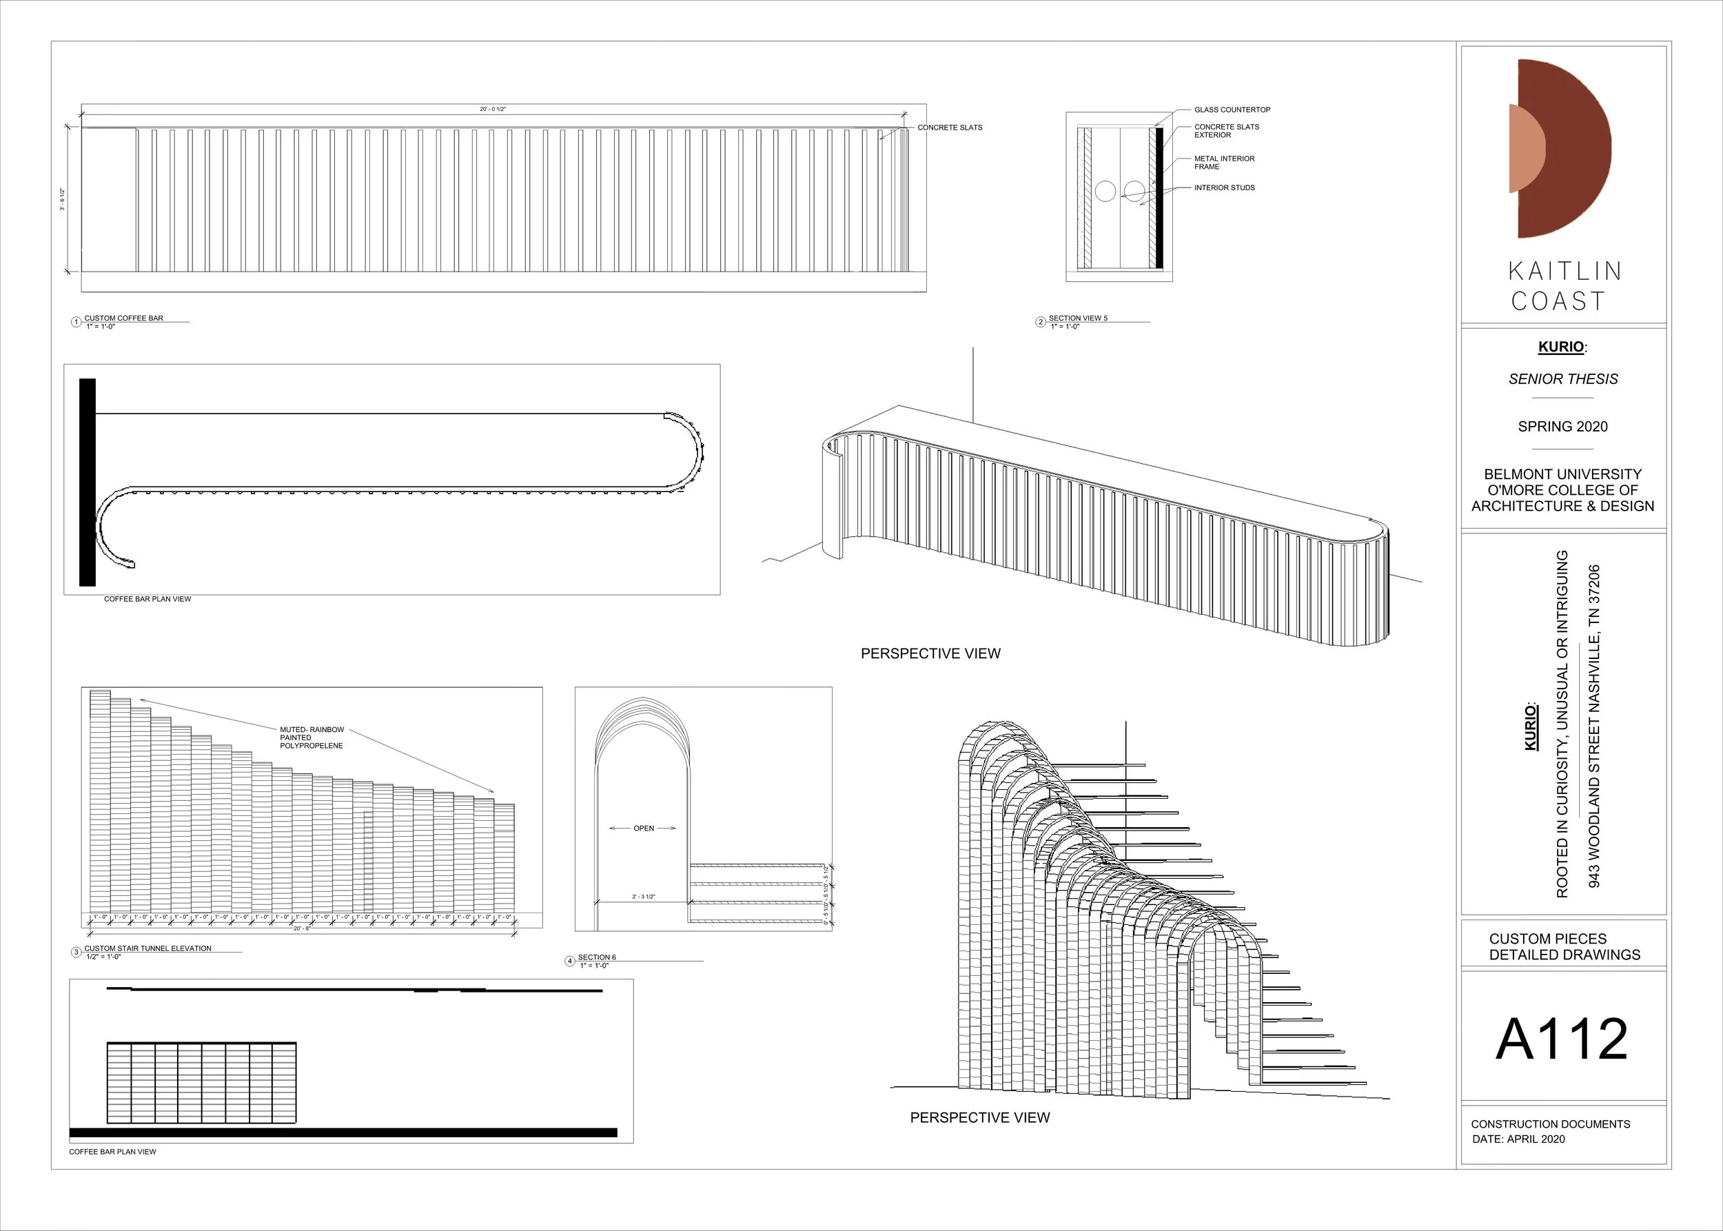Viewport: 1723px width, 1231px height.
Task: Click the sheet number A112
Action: click(1562, 1039)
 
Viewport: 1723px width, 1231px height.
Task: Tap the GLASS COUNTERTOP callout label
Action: click(1232, 110)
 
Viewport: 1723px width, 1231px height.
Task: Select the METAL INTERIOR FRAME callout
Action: click(1223, 162)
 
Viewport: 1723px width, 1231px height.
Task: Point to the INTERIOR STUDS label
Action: click(1224, 188)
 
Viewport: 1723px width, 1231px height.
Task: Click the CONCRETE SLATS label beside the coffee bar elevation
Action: click(949, 128)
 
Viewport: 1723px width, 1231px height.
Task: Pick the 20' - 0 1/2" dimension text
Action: click(493, 109)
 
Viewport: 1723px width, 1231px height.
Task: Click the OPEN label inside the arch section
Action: click(644, 828)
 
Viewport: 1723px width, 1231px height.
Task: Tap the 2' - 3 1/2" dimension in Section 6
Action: click(644, 897)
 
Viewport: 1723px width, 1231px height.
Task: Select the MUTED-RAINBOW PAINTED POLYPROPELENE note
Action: click(312, 737)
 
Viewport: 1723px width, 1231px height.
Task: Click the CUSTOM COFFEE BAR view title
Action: click(123, 318)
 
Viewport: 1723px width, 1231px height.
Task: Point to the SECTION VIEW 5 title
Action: click(1077, 318)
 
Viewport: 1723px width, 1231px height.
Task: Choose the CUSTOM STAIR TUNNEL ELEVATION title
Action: click(147, 948)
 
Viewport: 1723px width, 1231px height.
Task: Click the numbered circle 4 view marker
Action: click(570, 961)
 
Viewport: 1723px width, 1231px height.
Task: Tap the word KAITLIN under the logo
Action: click(1564, 272)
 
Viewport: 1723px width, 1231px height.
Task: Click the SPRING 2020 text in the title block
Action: click(1562, 427)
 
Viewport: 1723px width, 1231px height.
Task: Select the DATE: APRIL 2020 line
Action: click(1518, 1139)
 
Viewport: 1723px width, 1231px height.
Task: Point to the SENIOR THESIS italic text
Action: click(1562, 379)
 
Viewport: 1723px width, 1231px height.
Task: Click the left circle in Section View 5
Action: click(1105, 191)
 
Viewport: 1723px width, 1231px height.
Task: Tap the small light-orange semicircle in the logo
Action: click(1525, 147)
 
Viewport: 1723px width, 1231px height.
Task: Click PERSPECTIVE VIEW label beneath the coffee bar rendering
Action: click(930, 653)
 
